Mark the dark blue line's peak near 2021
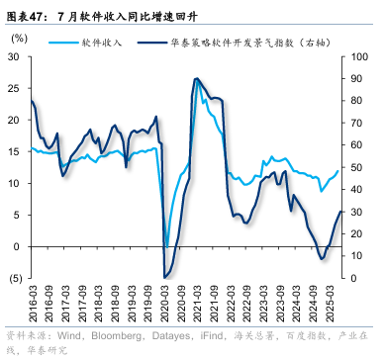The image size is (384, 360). tap(197, 79)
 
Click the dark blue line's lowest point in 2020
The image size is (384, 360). tap(164, 278)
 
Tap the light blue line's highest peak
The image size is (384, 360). tap(198, 82)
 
